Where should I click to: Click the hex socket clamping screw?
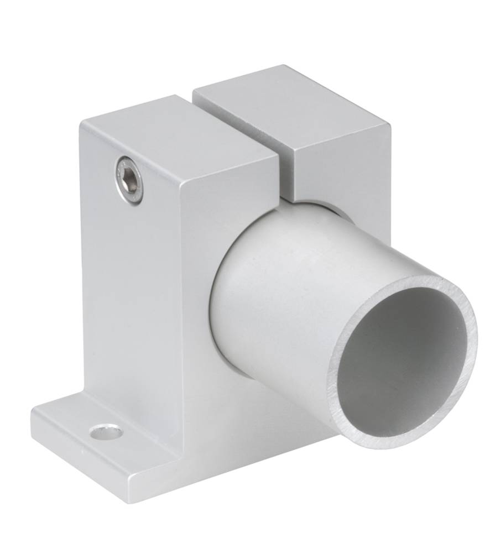(x=128, y=180)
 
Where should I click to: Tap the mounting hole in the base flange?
(x=106, y=431)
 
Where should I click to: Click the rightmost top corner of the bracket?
(x=390, y=125)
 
